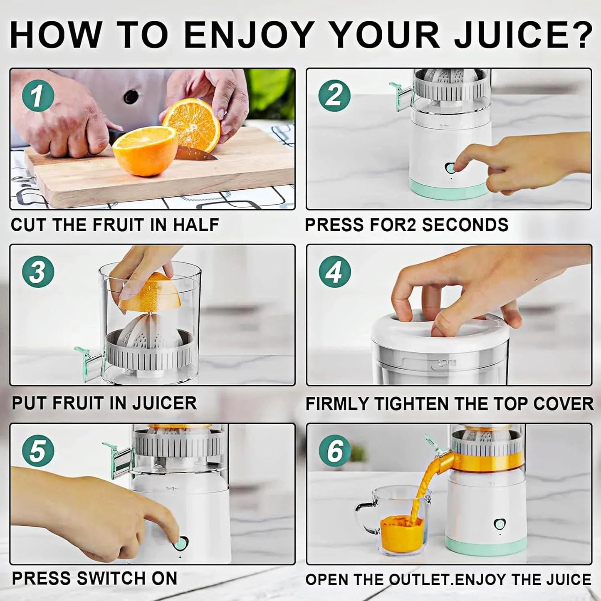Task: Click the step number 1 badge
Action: (38, 96)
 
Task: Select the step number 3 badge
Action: (38, 272)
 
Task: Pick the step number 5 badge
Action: (38, 451)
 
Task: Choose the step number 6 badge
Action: (334, 451)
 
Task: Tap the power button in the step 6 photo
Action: (498, 524)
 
